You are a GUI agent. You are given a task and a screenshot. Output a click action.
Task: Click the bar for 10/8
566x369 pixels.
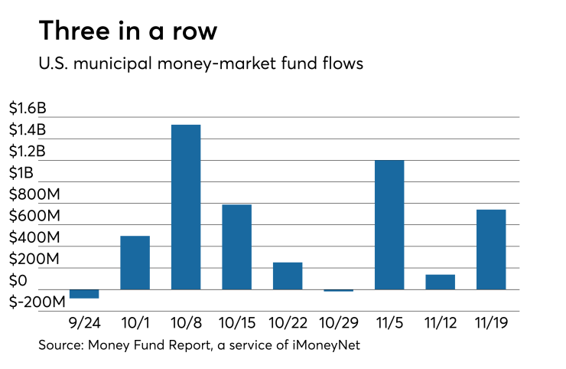[186, 207]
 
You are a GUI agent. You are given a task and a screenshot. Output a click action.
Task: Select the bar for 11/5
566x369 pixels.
[389, 224]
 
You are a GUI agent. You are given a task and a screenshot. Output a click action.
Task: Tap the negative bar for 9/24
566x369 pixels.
[84, 294]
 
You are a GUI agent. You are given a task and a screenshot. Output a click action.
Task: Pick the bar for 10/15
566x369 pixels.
[236, 247]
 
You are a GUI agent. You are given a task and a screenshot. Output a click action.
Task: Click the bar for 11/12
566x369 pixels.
[440, 282]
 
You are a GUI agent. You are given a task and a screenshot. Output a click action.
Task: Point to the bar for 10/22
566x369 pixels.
[288, 276]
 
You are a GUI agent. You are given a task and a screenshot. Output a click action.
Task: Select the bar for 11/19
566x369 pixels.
[491, 250]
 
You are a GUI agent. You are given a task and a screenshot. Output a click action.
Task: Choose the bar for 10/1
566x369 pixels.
[135, 263]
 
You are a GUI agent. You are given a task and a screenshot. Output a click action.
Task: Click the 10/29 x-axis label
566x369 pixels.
[338, 324]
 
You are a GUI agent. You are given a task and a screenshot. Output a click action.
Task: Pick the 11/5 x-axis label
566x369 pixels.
[389, 324]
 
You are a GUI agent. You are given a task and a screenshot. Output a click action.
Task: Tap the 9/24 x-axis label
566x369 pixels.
[84, 324]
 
